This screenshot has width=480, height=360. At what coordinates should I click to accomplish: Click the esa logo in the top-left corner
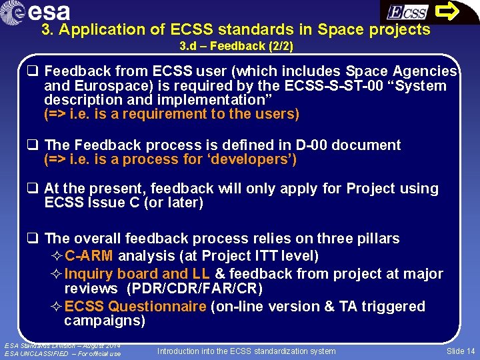point(41,12)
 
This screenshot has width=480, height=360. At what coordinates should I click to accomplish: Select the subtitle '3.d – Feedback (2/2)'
point(236,47)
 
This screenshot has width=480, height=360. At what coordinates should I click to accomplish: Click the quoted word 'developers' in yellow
point(251,159)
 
